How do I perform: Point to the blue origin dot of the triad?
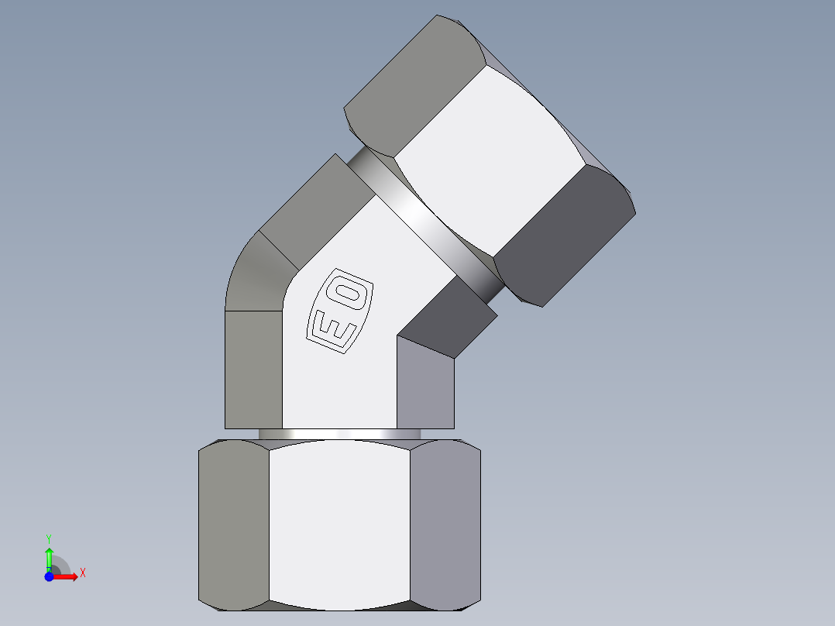[x=49, y=576]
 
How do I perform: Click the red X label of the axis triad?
[x=82, y=573]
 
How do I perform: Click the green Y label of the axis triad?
[x=49, y=538]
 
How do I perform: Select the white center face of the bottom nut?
[x=339, y=523]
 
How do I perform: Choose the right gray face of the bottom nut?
[x=445, y=523]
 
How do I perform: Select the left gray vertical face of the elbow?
[x=253, y=369]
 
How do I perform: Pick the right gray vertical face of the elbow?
[x=424, y=384]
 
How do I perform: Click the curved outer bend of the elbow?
[x=252, y=271]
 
